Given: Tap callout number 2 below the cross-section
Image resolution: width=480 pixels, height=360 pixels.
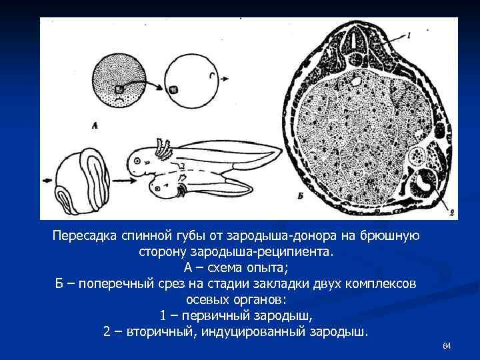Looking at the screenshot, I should [451, 213].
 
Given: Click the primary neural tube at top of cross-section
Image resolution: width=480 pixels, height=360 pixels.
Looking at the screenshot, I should [360, 44].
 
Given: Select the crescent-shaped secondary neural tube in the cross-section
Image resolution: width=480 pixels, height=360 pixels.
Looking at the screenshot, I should [424, 181].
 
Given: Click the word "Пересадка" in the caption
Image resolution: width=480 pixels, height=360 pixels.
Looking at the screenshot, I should [85, 237].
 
